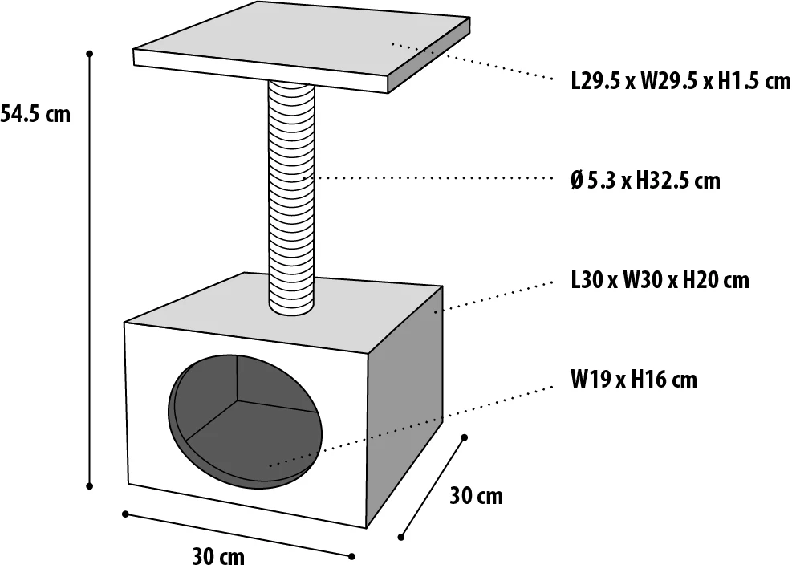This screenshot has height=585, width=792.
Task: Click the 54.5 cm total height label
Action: [36, 114]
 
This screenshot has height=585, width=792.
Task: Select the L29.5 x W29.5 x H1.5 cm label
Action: [680, 81]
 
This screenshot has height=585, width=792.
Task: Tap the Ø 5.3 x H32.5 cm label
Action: [645, 181]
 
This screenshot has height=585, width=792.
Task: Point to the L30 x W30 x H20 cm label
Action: [660, 280]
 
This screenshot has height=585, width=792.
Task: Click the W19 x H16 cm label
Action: [634, 379]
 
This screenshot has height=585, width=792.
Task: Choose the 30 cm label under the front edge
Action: [218, 556]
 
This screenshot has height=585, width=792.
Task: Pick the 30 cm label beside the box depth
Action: [476, 496]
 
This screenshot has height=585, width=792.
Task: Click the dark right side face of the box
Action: [405, 401]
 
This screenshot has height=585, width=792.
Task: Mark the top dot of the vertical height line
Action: [90, 54]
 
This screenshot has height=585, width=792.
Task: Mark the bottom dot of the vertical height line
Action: [90, 485]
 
